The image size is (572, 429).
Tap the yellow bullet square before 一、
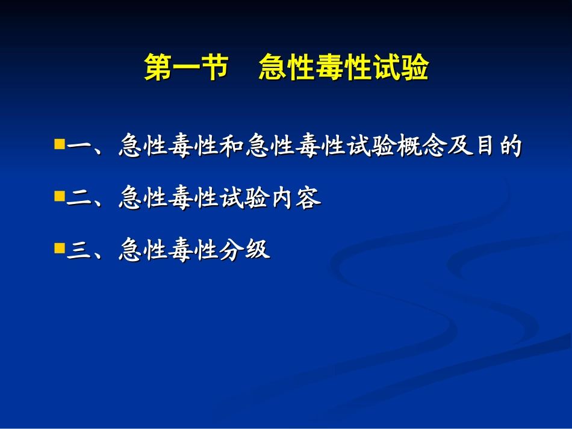(x=59, y=144)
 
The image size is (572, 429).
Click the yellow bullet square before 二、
(x=59, y=196)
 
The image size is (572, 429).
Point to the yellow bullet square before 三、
(x=59, y=247)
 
